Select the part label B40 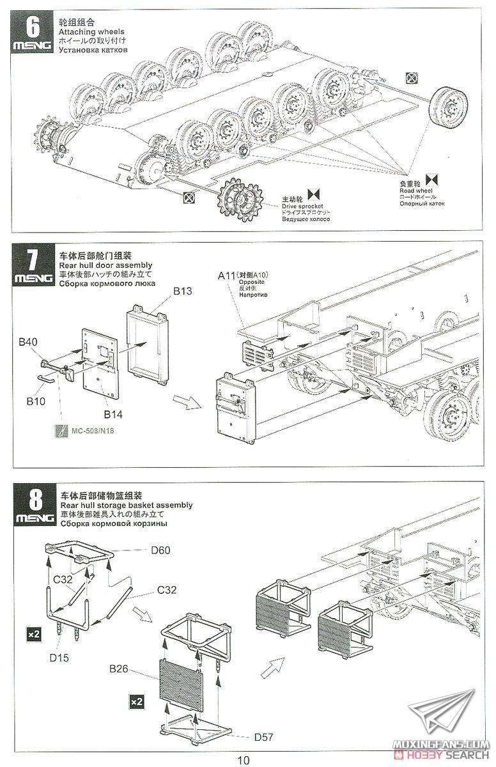click(x=29, y=343)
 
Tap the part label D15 click(x=59, y=656)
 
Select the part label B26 click(x=120, y=669)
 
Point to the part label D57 click(x=263, y=737)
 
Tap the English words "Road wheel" click(x=416, y=190)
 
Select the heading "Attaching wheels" click(x=91, y=31)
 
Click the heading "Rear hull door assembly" click(x=105, y=265)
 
